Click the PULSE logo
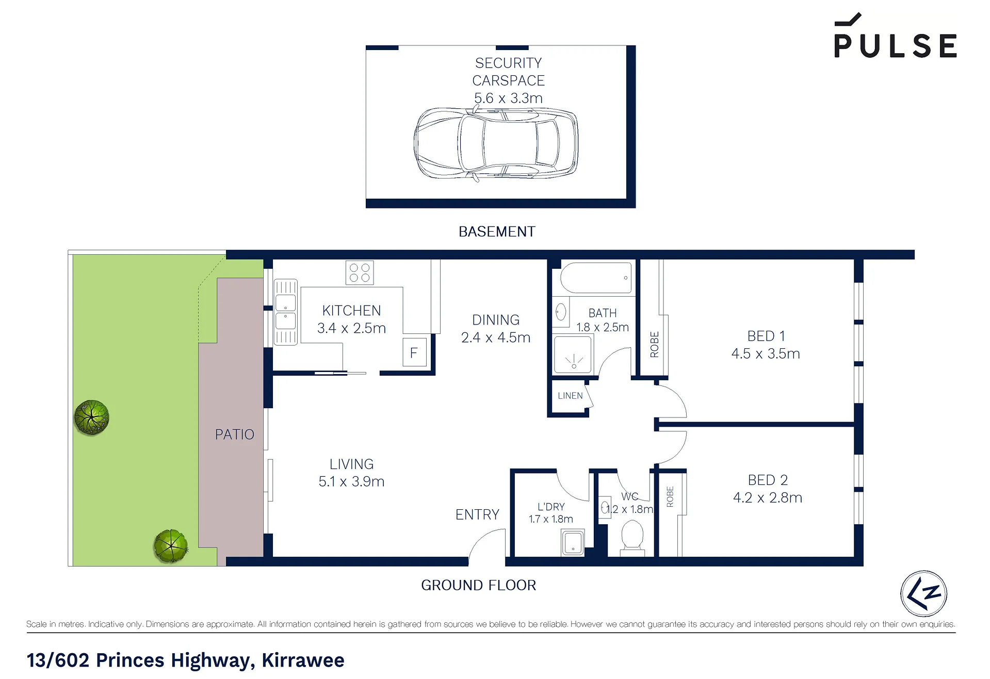pos(895,36)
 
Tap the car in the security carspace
pos(496,143)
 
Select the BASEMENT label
pos(497,232)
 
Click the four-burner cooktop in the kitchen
pos(360,273)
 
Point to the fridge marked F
pos(414,352)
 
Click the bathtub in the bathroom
pos(596,278)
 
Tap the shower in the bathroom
pos(573,355)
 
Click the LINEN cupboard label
pos(570,396)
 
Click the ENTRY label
pos(477,514)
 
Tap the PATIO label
pos(235,434)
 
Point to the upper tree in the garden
pos(92,417)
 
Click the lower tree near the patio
pos(171,546)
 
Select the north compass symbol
pos(923,593)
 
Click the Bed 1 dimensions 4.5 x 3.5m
pos(766,353)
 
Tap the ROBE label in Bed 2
pos(670,496)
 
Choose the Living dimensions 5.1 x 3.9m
pos(351,481)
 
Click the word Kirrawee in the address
pos(303,660)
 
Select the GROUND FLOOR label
pos(479,585)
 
